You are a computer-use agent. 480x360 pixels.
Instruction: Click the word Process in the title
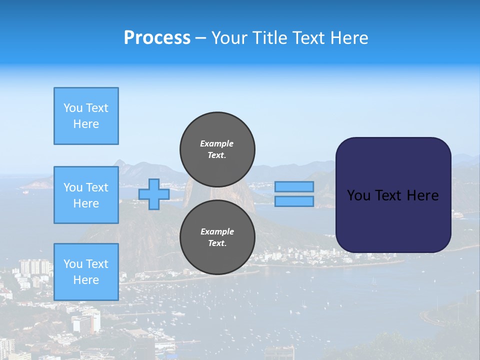[157, 38]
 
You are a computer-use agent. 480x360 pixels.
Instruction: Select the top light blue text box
[86, 116]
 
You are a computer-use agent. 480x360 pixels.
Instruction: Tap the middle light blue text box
[86, 195]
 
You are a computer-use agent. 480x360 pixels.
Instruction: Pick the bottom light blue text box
[86, 272]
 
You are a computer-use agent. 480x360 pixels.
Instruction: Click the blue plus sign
[154, 194]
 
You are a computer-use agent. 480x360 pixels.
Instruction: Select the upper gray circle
[217, 149]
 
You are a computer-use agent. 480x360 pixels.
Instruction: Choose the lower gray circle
[217, 237]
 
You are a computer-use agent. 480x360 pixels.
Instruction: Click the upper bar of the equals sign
[294, 187]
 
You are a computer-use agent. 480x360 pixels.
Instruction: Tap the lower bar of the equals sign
[294, 201]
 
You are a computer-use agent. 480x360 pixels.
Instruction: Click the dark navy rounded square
[393, 195]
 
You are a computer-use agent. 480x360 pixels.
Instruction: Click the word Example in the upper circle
[217, 143]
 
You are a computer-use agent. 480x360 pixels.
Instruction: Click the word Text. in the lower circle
[217, 243]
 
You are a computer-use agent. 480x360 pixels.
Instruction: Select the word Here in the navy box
[422, 195]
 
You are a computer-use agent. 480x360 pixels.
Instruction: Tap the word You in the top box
[73, 108]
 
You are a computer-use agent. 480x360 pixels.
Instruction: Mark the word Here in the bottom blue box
[86, 280]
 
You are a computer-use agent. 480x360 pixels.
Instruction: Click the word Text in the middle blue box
[97, 187]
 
